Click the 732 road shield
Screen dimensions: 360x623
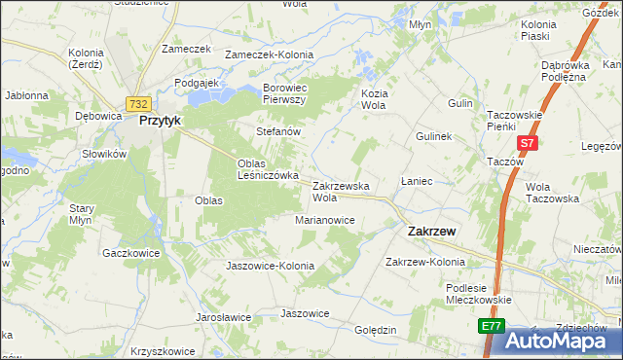click(x=137, y=103)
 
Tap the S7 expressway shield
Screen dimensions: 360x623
click(x=527, y=143)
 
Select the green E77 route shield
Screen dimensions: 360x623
click(x=492, y=328)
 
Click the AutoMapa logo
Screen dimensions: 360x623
click(x=559, y=341)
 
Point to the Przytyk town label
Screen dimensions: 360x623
click(x=162, y=122)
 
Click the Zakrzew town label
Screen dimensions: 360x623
click(x=428, y=232)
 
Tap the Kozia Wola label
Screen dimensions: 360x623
click(x=374, y=98)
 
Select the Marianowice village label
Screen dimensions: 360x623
click(x=325, y=220)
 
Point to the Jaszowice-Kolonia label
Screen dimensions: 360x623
click(x=270, y=266)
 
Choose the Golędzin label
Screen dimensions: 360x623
click(x=376, y=330)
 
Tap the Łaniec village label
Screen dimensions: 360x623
click(x=417, y=182)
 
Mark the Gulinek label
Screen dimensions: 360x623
click(x=433, y=137)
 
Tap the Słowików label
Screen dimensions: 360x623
click(x=105, y=154)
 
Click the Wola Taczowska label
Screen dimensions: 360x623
click(x=552, y=192)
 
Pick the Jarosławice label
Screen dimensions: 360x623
click(x=223, y=317)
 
